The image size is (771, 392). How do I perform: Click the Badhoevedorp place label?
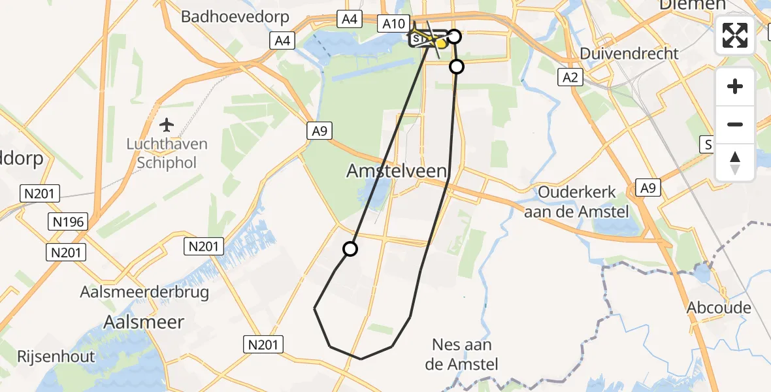226,17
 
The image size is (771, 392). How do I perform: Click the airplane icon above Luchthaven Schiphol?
167,124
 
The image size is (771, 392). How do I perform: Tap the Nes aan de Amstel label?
462,354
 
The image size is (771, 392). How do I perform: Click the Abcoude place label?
719,307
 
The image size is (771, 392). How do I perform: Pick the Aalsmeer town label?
144,322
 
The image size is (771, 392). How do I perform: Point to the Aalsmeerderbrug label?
144,292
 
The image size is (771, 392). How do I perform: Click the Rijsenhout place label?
48,357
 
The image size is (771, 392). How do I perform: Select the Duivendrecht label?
630,54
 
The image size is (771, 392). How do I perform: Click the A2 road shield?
570,78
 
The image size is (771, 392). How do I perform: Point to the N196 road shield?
69,222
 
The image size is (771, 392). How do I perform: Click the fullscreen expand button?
735,35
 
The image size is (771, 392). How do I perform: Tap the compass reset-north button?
735,163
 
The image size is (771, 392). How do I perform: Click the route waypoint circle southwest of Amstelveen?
350,249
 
